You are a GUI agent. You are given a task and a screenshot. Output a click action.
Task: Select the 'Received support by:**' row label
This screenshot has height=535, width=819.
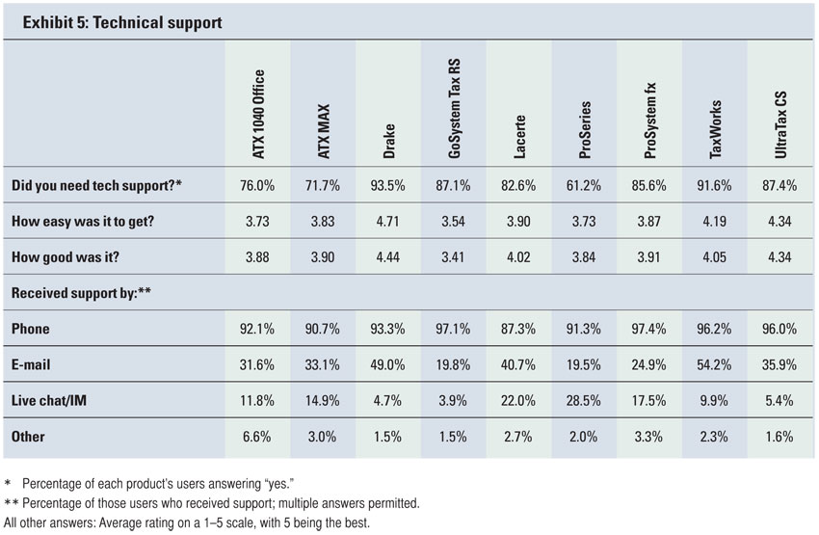pos(74,292)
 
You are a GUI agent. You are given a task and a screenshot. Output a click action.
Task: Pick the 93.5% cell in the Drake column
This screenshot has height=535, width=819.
pos(387,185)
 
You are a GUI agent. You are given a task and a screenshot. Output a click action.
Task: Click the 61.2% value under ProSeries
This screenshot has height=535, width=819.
pos(583,185)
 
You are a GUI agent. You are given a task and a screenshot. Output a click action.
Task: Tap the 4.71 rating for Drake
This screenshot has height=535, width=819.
pos(387,221)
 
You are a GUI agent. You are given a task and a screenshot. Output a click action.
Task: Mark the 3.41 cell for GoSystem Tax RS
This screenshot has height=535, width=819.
pos(452,256)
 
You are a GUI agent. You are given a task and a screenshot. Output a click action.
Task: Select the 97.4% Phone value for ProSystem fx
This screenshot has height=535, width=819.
pos(647,329)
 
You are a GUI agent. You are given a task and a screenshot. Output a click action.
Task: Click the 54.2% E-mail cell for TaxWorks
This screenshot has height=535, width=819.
pos(713,364)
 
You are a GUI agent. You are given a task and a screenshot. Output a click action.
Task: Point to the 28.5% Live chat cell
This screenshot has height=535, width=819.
pos(583,400)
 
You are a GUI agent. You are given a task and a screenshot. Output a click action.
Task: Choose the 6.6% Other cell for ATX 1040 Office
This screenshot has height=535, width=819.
pos(256,436)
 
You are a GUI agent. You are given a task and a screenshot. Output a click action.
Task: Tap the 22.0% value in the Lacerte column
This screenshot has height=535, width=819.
pos(517,400)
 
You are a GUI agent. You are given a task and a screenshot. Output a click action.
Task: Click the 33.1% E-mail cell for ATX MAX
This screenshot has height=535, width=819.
pos(322,364)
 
